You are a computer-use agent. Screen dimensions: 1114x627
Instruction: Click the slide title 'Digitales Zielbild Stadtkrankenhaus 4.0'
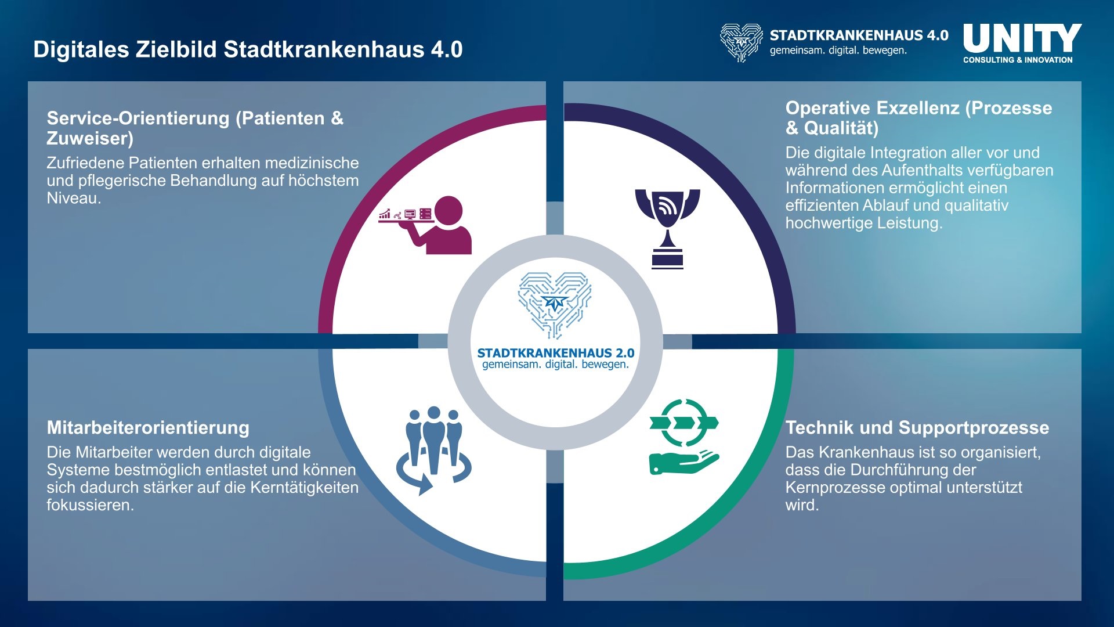248,49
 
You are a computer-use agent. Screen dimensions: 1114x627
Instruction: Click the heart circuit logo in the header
741,42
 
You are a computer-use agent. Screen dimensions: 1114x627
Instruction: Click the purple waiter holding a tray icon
425,225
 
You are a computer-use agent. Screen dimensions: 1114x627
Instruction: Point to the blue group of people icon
434,451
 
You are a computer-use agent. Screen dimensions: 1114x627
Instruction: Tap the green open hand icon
684,462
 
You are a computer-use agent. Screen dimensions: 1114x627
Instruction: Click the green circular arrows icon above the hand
684,423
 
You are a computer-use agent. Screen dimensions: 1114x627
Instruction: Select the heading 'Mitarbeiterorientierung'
148,428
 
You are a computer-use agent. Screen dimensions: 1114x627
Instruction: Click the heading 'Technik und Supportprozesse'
917,428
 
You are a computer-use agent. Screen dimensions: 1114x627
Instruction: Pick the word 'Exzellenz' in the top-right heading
917,108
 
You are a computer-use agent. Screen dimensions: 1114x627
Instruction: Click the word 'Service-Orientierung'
138,118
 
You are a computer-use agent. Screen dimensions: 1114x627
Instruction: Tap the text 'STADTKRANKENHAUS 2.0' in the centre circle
556,353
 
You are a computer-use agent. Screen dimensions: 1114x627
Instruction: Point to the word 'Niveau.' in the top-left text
74,199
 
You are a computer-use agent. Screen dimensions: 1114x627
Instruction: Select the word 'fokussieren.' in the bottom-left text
91,505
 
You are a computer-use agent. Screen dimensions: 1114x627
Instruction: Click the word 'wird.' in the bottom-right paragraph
802,505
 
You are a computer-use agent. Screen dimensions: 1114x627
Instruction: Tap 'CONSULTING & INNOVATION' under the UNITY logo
1018,60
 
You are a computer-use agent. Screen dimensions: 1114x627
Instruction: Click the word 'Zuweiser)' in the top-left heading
90,139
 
